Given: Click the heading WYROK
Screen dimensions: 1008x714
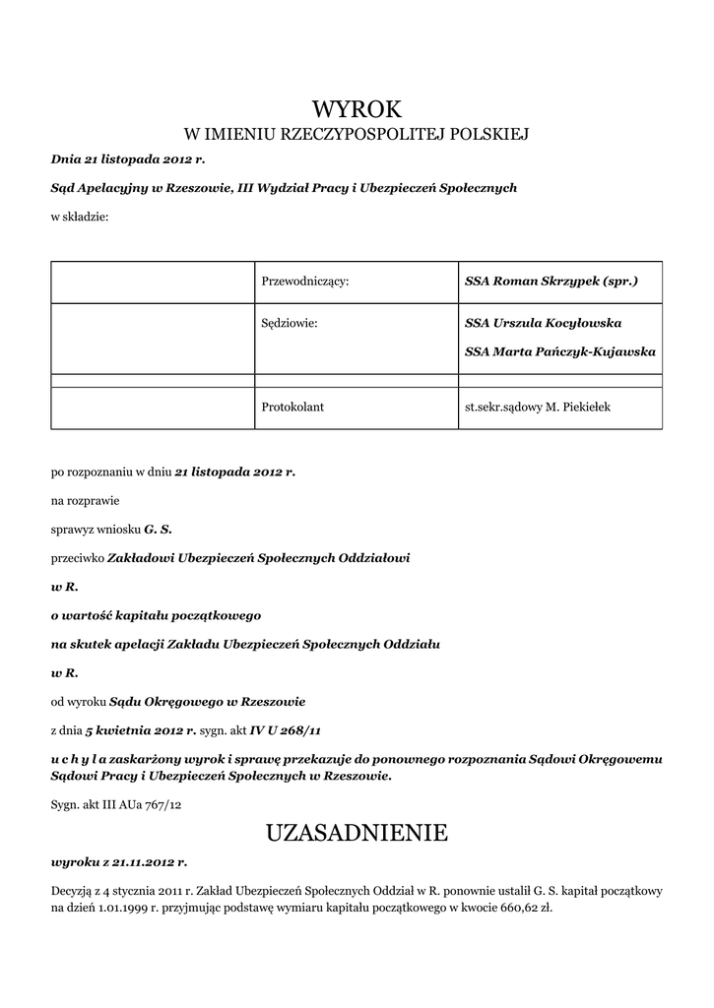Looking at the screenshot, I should tap(357, 107).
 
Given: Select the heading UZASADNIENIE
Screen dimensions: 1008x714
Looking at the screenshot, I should tap(357, 834).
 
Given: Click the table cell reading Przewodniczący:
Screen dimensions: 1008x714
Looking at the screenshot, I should tap(306, 282).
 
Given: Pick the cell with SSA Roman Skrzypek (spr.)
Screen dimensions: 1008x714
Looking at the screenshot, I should tap(552, 282).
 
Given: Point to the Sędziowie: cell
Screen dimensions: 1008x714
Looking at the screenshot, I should tap(291, 323).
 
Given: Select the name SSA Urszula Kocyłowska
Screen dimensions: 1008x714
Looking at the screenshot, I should tap(543, 323).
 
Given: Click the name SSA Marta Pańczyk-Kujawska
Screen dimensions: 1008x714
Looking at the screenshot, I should tap(559, 350).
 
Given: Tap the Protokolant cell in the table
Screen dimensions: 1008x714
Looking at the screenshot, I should tap(292, 406).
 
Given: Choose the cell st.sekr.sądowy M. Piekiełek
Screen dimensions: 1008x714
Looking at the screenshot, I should tap(538, 406).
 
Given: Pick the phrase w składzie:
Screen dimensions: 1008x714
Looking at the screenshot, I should tap(80, 217).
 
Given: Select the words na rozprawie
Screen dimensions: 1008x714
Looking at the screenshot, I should tap(85, 500).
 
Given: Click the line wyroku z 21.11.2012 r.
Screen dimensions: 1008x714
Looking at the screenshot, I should tap(118, 861).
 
